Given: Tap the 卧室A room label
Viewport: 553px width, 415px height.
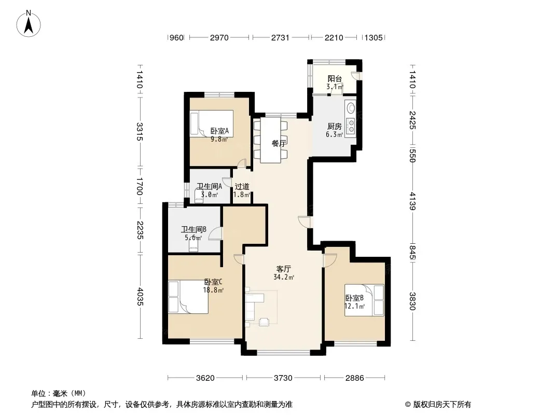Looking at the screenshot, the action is pos(219,131).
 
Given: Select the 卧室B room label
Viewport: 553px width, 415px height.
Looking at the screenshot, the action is pos(354,298).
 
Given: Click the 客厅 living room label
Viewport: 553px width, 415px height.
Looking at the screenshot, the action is pos(284,269).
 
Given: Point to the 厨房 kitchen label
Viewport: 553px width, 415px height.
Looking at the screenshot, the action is pos(334,126).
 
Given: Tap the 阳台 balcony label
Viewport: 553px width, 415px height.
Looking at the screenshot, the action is pos(334,79).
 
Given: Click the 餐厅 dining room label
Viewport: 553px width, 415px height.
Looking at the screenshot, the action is pos(279,144).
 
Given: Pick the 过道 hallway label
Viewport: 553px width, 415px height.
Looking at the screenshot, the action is pos(242,187).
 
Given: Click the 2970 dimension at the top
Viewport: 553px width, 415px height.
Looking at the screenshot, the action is pos(219,37).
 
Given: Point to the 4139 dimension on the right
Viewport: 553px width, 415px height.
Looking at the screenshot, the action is pos(412,201).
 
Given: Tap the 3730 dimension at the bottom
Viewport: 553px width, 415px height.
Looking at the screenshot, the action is pos(283,378).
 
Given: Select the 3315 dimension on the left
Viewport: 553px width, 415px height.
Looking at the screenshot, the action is pos(140,132).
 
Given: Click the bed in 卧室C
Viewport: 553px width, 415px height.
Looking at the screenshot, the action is pos(188,297).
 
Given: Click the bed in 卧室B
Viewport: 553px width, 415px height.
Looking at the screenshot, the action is pos(364,300).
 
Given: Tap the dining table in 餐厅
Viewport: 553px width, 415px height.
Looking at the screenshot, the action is pos(270,140).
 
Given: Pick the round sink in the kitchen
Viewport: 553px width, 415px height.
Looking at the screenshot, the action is pos(351,107).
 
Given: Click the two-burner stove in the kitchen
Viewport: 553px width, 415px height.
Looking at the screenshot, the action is pos(351,126).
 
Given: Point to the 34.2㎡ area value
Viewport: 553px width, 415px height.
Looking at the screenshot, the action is pos(284,277).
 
